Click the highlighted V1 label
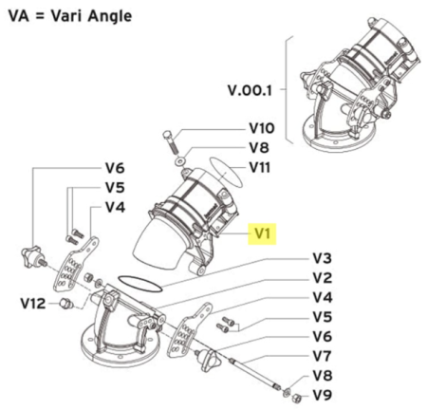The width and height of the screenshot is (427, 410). (x=262, y=233)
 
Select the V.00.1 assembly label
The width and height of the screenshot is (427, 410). (x=250, y=90)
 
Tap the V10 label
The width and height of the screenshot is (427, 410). (x=262, y=128)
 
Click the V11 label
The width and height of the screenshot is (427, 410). (x=260, y=167)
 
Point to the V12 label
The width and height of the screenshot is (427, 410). (x=33, y=304)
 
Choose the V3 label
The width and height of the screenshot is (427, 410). (x=323, y=258)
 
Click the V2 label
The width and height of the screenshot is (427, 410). (x=323, y=278)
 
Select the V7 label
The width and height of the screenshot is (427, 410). (x=323, y=356)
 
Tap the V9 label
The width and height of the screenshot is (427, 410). (x=323, y=395)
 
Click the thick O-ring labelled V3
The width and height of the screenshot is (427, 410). (x=139, y=284)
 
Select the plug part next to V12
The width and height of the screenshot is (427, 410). (x=66, y=304)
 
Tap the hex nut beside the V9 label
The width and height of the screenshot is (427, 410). (x=296, y=398)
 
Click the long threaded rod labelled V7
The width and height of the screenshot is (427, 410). (x=255, y=375)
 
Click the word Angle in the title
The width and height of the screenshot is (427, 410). (x=109, y=16)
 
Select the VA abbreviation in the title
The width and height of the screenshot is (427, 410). (x=19, y=16)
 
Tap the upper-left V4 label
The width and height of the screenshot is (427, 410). (x=115, y=207)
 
